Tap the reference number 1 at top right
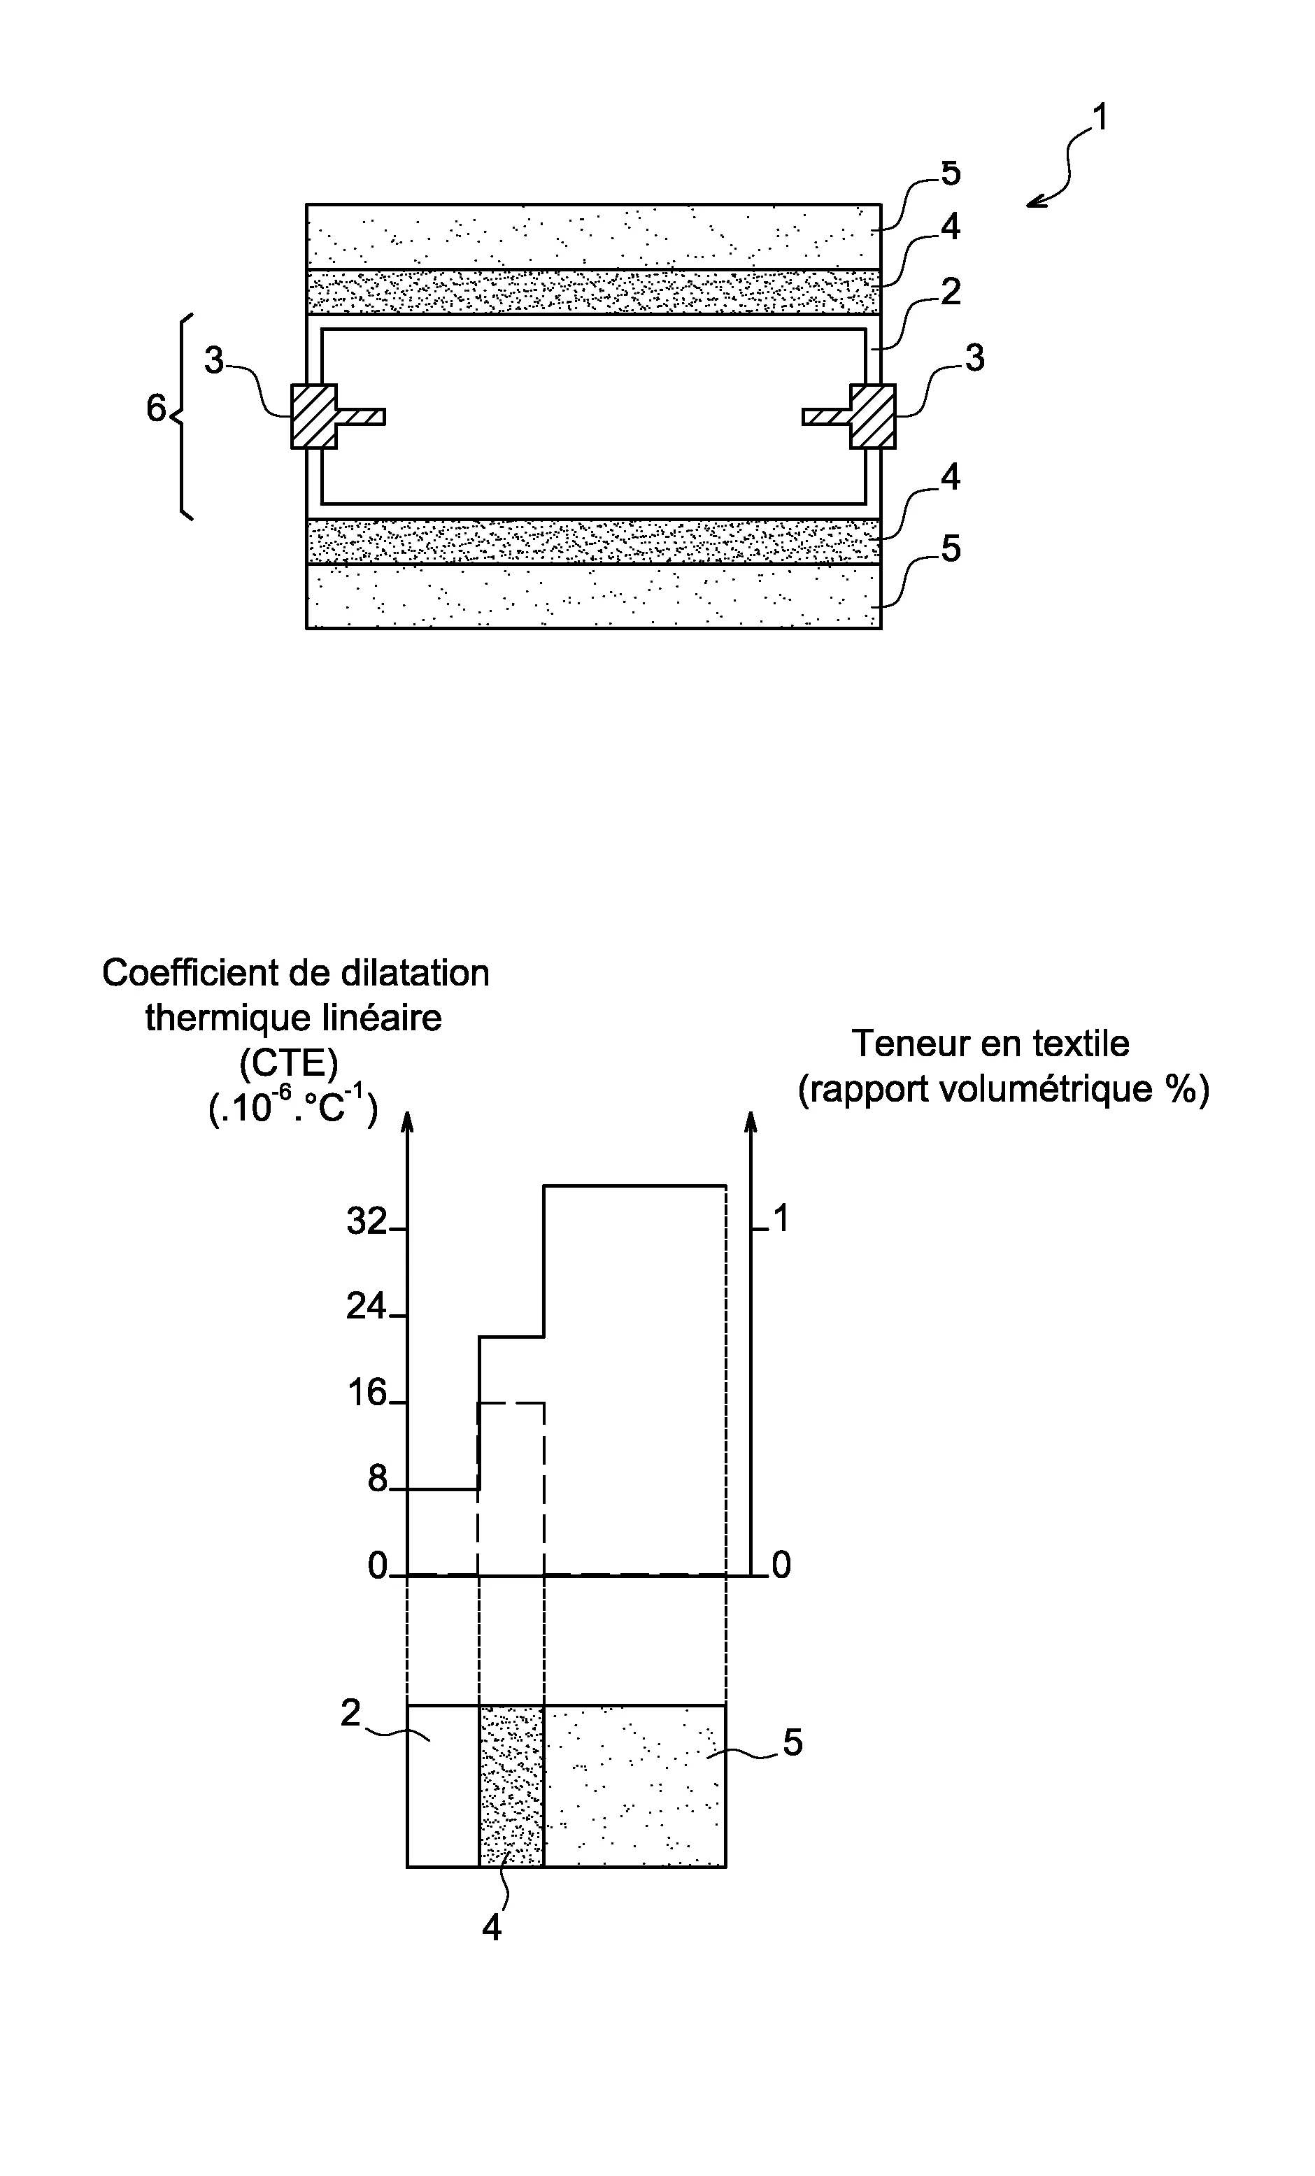pyautogui.click(x=1100, y=118)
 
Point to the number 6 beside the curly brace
pyautogui.click(x=156, y=408)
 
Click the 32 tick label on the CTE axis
pyautogui.click(x=367, y=1221)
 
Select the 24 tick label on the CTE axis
pyautogui.click(x=367, y=1306)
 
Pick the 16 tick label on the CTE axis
pyautogui.click(x=367, y=1393)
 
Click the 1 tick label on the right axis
pyautogui.click(x=780, y=1218)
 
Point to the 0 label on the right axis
pyautogui.click(x=781, y=1566)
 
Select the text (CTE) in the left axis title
pyautogui.click(x=289, y=1063)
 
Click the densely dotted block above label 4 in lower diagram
pyautogui.click(x=511, y=1786)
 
